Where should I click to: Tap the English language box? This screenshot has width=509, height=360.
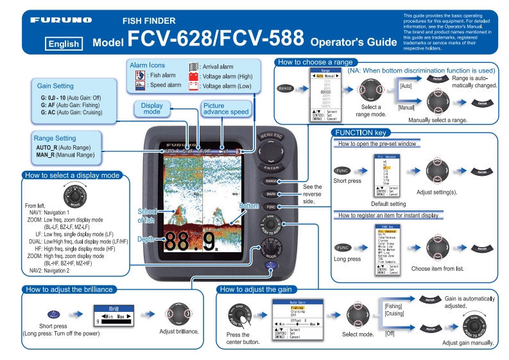point(63,44)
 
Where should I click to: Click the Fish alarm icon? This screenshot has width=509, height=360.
point(140,76)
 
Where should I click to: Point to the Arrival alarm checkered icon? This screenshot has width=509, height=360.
point(193,66)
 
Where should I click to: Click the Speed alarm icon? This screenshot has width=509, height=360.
point(140,85)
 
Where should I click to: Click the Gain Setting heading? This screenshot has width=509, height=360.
point(55,86)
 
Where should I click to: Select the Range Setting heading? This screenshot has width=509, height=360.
point(55,138)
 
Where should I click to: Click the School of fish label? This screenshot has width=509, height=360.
point(146,216)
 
